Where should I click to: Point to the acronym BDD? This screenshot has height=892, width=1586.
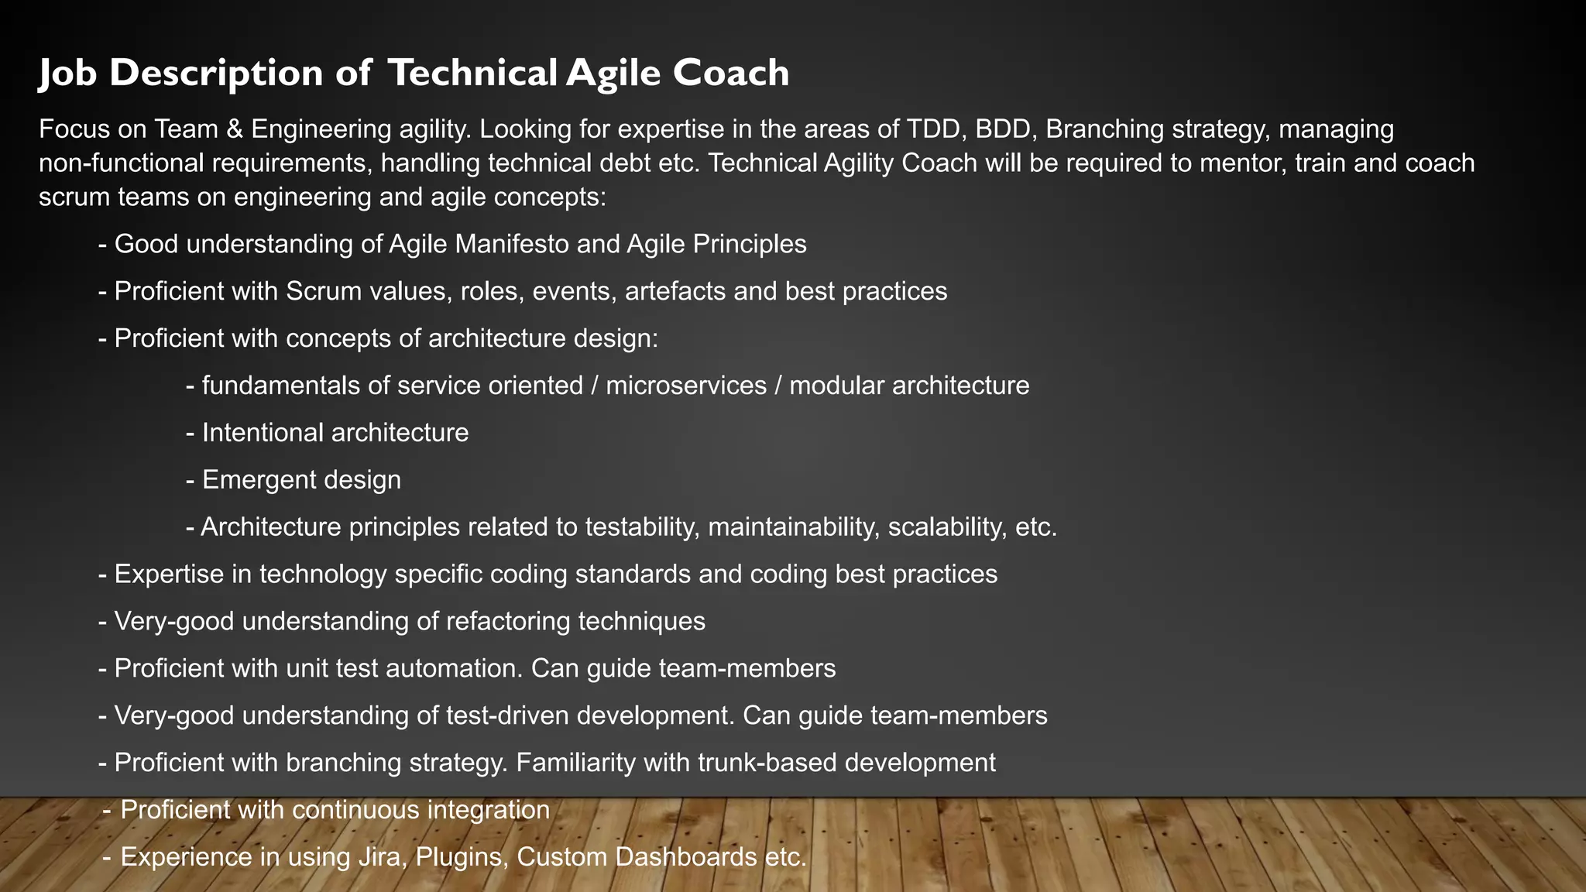point(1003,129)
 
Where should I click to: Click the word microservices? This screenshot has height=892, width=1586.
point(685,386)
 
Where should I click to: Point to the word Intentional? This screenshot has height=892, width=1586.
point(263,433)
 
